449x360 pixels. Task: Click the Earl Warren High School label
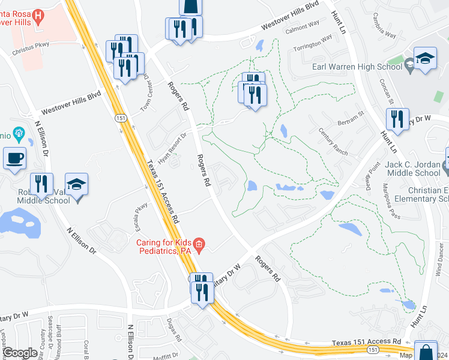[x=357, y=67]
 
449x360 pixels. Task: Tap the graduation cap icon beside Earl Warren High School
[x=425, y=59]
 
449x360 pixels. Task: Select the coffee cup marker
[x=15, y=159]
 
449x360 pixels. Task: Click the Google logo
[x=20, y=353]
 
